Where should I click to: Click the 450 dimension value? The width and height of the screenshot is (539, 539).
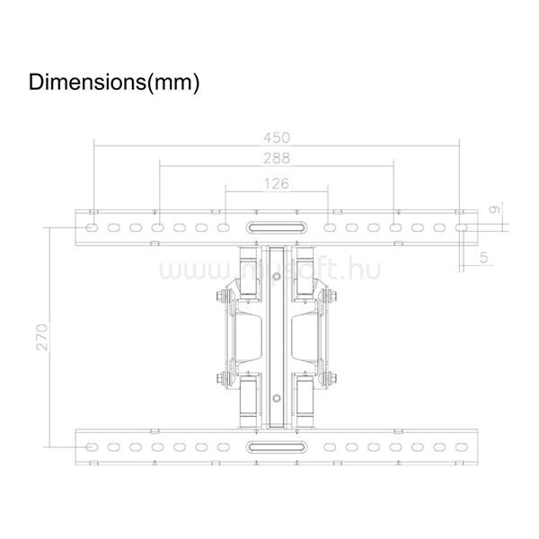click(277, 137)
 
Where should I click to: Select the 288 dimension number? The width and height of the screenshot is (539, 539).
click(277, 158)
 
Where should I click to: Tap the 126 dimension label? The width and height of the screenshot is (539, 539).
click(277, 183)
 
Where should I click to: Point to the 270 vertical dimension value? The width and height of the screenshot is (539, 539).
click(42, 337)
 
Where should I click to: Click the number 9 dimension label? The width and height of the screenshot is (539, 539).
click(494, 209)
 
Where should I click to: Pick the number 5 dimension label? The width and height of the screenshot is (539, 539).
click(483, 257)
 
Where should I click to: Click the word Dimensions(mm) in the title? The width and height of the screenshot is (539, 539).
click(114, 83)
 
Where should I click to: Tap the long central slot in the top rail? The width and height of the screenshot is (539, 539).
click(277, 227)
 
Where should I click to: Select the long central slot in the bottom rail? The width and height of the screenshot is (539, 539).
click(277, 446)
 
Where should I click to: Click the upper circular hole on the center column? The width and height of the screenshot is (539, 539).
click(277, 276)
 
